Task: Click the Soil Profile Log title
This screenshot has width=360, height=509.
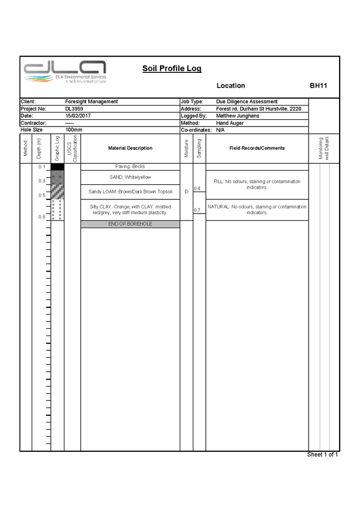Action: [x=171, y=69]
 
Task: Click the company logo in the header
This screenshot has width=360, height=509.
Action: [x=65, y=73]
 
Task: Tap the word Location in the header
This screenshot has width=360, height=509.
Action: [x=231, y=86]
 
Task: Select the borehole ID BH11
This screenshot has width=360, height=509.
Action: [x=318, y=86]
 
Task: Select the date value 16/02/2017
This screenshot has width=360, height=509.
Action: [x=78, y=116]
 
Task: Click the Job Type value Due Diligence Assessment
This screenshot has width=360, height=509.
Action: [x=247, y=102]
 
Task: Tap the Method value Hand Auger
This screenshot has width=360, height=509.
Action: [x=229, y=123]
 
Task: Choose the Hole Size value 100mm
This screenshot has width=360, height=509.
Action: [x=74, y=130]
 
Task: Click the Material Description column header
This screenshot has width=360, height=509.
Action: [x=130, y=149]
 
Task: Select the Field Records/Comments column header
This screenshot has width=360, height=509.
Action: [x=257, y=149]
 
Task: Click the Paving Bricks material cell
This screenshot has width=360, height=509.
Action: [x=130, y=167]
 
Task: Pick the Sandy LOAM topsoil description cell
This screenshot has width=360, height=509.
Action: [x=130, y=192]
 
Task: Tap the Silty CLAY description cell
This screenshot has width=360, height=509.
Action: [x=130, y=210]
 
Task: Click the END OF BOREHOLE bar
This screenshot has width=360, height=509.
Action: [x=130, y=224]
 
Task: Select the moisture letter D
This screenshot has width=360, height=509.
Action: [x=186, y=192]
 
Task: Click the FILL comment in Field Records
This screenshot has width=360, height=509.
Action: [x=257, y=184]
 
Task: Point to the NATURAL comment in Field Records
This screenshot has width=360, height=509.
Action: [x=257, y=210]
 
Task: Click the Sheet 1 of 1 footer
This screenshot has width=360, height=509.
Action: [x=323, y=455]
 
